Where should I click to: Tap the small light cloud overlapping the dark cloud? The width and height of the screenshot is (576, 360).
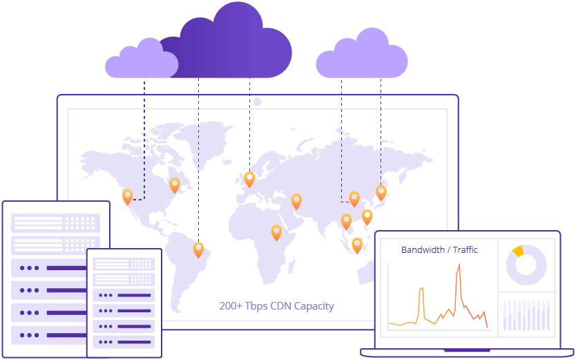142,61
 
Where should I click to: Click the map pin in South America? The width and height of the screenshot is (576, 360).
198,249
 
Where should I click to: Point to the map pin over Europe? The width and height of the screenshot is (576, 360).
249,178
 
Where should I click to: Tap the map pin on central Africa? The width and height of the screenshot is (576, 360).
276,231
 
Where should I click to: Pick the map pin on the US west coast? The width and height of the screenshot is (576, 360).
127,196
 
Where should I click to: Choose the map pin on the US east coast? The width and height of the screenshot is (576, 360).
175,184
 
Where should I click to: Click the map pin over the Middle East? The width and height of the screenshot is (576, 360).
296,200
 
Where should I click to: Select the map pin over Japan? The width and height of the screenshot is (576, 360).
381,191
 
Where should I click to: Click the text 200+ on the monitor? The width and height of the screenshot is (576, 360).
231,306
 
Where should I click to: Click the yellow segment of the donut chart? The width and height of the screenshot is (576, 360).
518,251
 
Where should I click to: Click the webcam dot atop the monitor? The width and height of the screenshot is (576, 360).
257,102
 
